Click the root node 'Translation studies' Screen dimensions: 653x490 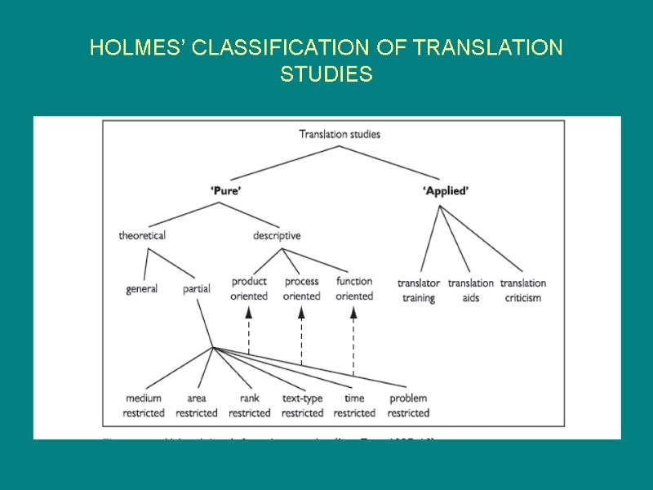(x=340, y=134)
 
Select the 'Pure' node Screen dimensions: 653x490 (x=226, y=191)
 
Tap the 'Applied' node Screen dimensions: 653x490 (x=446, y=191)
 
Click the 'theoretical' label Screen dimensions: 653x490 (x=142, y=236)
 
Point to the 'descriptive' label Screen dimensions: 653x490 (x=277, y=236)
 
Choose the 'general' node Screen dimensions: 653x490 (x=142, y=289)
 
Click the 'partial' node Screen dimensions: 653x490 (x=197, y=289)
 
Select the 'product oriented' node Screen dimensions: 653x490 (x=249, y=288)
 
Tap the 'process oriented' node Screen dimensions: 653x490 (x=301, y=288)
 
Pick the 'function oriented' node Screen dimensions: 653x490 (x=354, y=288)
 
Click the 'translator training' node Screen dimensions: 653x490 (x=419, y=291)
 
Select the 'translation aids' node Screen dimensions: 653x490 (x=471, y=291)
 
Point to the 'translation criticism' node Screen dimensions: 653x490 (x=523, y=291)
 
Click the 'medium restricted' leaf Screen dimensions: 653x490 (x=144, y=406)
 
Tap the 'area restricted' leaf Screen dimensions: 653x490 (x=197, y=406)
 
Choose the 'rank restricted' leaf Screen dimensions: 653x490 (x=250, y=406)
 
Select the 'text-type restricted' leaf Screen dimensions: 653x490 (x=302, y=406)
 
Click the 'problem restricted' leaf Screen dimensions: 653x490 (x=408, y=406)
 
